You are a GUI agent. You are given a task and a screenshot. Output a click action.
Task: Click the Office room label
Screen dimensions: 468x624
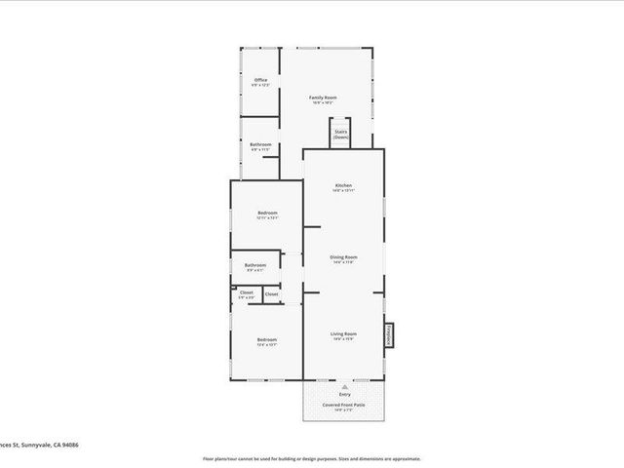[x=260, y=80]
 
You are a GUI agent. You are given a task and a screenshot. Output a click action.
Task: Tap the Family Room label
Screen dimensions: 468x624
[x=323, y=97]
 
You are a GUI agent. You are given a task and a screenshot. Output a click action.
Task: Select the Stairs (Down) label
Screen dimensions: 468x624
[x=341, y=135]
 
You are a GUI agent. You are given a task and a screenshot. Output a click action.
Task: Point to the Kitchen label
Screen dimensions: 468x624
[x=343, y=185]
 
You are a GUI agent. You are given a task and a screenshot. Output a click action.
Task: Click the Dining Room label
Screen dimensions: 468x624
[x=344, y=257]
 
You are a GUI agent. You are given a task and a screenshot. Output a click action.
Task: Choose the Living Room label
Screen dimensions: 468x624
[x=343, y=333]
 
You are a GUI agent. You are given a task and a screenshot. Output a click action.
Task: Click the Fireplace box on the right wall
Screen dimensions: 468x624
[x=386, y=334]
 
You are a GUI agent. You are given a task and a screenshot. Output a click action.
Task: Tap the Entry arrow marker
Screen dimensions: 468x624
[x=343, y=387]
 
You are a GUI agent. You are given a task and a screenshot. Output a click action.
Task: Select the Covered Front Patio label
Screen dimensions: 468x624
[x=344, y=404]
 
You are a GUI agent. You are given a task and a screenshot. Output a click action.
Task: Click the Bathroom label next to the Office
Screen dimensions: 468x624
[x=260, y=144]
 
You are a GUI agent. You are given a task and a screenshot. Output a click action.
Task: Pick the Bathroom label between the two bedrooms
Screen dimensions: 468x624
[x=255, y=264]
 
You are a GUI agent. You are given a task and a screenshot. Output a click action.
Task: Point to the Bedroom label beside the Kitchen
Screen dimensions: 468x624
[x=267, y=214]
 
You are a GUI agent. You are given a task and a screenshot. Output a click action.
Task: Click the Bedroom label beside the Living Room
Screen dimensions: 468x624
[x=267, y=339]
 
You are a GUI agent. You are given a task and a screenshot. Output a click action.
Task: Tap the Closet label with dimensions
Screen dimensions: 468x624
[x=246, y=292]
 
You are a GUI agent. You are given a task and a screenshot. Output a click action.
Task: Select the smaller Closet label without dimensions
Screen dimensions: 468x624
[x=271, y=293]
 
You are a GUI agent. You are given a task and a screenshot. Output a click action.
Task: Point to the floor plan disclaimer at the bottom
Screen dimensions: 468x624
[x=311, y=457]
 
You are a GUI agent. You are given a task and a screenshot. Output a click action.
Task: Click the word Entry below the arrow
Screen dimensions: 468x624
[x=344, y=395]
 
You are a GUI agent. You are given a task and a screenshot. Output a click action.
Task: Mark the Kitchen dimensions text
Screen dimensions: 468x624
[x=343, y=191]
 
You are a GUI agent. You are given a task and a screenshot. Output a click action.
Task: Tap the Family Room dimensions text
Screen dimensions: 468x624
[x=323, y=103]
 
